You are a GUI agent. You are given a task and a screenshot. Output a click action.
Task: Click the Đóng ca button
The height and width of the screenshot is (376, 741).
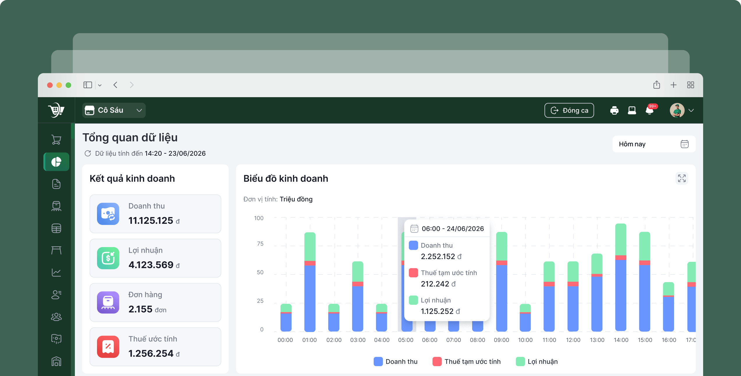click(569, 110)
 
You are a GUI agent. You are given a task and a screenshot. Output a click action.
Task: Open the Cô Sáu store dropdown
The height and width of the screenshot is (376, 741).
click(114, 110)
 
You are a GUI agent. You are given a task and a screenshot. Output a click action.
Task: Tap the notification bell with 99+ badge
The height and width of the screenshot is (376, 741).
click(650, 110)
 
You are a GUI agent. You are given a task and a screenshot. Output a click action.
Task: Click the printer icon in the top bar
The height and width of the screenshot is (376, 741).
click(614, 110)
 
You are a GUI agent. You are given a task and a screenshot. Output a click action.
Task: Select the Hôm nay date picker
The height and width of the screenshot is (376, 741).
click(654, 144)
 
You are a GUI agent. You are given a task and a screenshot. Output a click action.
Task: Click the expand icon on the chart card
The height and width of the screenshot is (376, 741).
click(682, 178)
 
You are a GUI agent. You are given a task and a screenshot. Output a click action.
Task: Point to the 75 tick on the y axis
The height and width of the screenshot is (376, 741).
click(260, 244)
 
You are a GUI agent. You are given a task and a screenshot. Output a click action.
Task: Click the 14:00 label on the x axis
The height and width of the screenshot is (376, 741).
click(621, 340)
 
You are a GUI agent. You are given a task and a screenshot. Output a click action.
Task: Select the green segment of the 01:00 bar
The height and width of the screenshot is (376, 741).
click(310, 247)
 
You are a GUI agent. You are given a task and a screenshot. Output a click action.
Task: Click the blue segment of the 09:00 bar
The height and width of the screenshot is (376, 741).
click(501, 298)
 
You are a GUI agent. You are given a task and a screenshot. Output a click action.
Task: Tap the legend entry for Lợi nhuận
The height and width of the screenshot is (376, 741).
click(537, 361)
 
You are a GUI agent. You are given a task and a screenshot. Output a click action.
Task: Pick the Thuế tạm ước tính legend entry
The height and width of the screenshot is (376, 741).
click(467, 361)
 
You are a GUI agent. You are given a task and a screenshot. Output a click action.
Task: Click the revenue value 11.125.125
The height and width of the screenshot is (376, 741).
click(151, 221)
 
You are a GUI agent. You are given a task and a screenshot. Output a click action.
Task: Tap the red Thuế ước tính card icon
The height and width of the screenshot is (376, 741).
click(108, 347)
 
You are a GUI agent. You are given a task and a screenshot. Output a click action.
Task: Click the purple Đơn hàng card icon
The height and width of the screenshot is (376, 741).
click(108, 302)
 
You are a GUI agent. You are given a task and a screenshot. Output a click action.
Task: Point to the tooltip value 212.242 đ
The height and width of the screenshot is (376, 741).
click(438, 284)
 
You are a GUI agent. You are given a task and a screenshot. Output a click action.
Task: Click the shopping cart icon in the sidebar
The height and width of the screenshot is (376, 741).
click(56, 140)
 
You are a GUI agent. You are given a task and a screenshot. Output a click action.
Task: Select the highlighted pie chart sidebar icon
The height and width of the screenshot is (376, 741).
click(56, 162)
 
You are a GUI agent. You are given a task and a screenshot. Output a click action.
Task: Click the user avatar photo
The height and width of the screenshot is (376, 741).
click(677, 110)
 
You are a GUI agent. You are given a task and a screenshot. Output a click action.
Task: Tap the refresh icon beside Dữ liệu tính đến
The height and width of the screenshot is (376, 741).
click(88, 153)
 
